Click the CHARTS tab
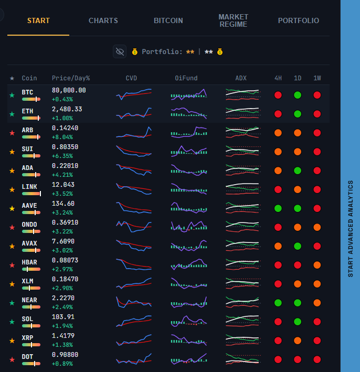click(x=103, y=20)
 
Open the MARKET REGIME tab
click(x=234, y=20)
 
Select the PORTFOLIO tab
click(x=298, y=20)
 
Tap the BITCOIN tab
click(x=168, y=20)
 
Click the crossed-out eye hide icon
click(x=120, y=51)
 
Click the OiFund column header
click(x=186, y=78)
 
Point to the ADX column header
click(x=241, y=78)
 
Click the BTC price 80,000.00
click(x=69, y=90)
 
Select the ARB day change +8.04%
click(x=62, y=137)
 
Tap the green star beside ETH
click(x=12, y=114)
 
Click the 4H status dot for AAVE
click(x=278, y=208)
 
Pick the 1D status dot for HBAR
click(x=298, y=265)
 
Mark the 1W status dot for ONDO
click(x=317, y=227)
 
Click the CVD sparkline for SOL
click(x=134, y=321)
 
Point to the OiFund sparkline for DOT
click(x=189, y=359)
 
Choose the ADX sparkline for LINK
click(x=242, y=188)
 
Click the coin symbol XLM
click(x=27, y=281)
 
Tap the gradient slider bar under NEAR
click(x=31, y=307)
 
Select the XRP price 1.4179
click(x=63, y=336)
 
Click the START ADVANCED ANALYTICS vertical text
click(x=350, y=229)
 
